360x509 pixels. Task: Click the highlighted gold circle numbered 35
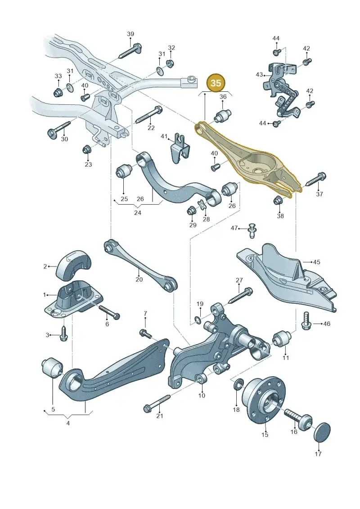tap(216, 83)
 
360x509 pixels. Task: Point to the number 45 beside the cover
tap(316, 262)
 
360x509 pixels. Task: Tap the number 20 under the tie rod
tap(139, 279)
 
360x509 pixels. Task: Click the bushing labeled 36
tap(223, 115)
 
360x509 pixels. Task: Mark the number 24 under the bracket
tap(138, 213)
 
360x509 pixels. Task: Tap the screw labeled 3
tap(63, 334)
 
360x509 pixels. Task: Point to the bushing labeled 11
tap(282, 339)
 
